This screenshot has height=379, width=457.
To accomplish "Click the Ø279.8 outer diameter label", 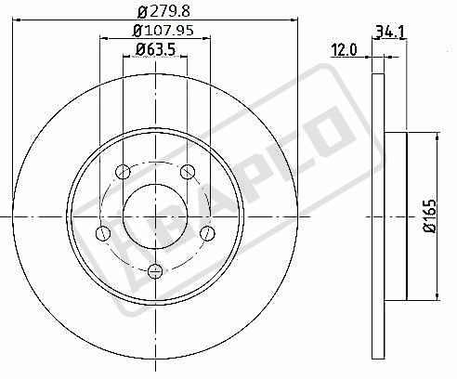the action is [x=163, y=11].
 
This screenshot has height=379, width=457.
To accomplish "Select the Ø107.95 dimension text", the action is [x=163, y=31].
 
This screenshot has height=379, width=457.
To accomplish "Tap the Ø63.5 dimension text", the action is [x=155, y=49].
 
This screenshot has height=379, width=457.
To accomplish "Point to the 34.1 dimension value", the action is [x=390, y=32].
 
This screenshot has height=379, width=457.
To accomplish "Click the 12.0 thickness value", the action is [x=344, y=50].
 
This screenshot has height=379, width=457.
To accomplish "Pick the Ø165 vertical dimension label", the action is [x=430, y=216].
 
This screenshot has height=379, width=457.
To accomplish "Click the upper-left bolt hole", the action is [x=123, y=172].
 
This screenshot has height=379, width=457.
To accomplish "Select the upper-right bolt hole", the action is [x=188, y=172].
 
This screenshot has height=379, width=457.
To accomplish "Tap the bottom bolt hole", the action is [x=155, y=271].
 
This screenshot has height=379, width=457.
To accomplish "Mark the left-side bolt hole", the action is [x=103, y=233].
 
